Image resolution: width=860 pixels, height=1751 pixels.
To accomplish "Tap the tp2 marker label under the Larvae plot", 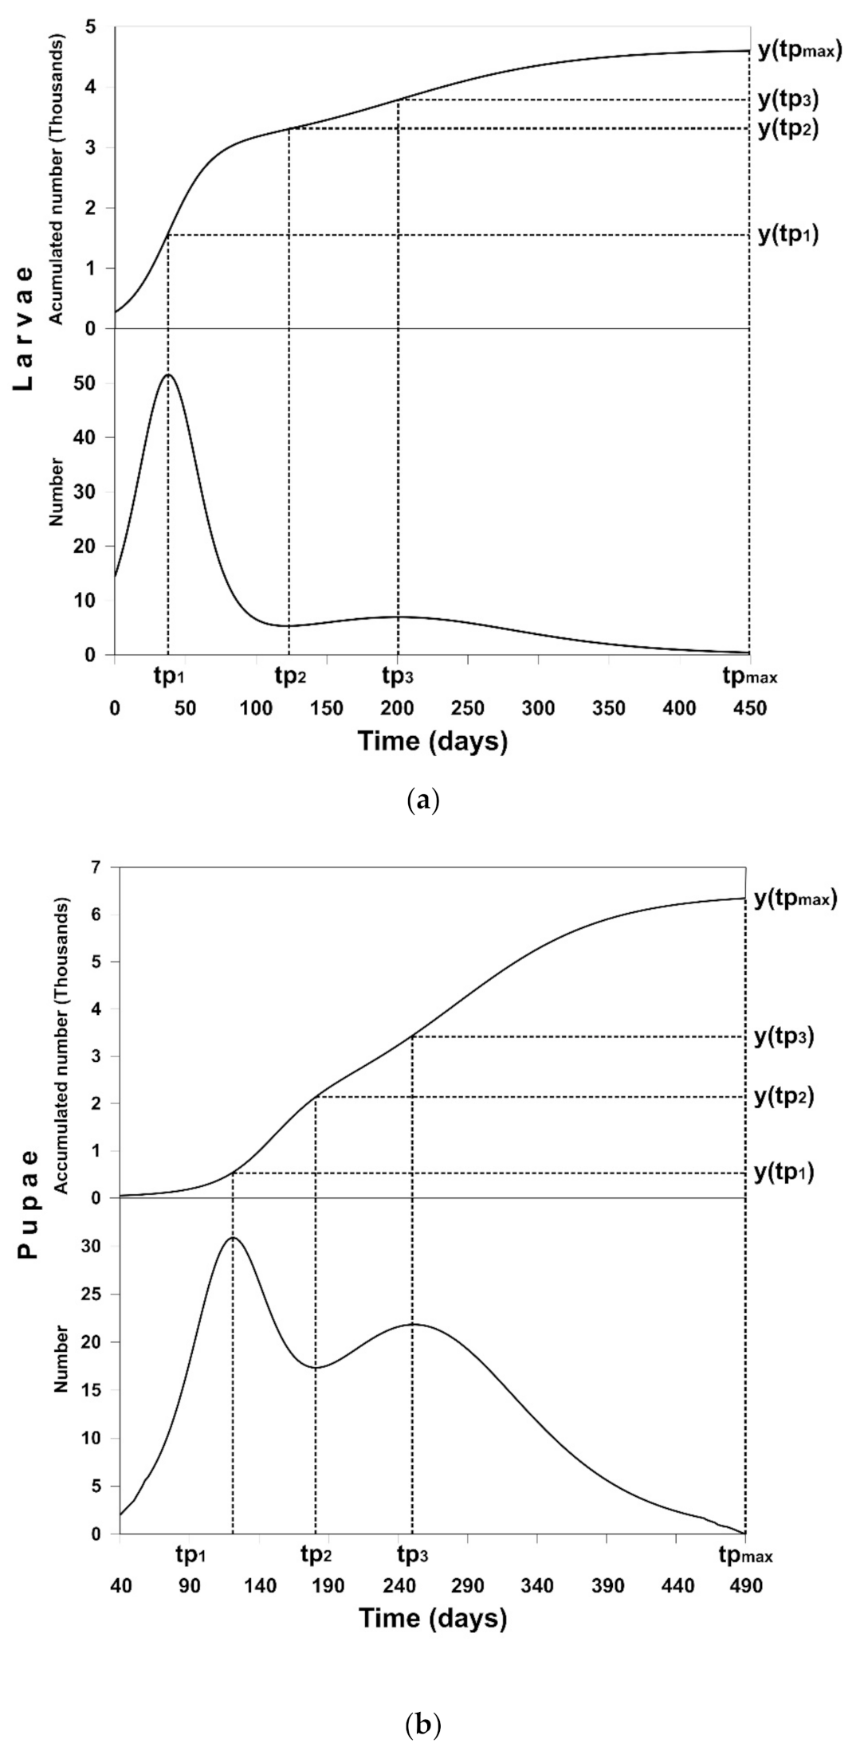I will pyautogui.click(x=289, y=678).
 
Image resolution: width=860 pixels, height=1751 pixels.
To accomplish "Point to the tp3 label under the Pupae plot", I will pyautogui.click(x=411, y=1553).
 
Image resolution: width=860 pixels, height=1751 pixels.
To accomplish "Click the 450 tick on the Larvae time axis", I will pyautogui.click(x=748, y=708).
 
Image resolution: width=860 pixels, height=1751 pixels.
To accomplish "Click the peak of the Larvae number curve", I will pyautogui.click(x=168, y=374).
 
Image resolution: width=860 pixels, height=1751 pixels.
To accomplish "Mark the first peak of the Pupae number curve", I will pyautogui.click(x=233, y=1238).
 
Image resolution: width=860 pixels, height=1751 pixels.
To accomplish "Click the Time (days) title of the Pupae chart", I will pyautogui.click(x=432, y=1618).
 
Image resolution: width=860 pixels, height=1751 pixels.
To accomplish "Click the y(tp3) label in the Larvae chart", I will pyautogui.click(x=787, y=100).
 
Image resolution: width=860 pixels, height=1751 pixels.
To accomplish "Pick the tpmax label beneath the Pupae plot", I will pyautogui.click(x=747, y=1553).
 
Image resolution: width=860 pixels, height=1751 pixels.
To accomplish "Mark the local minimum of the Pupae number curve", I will pyautogui.click(x=316, y=1368).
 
